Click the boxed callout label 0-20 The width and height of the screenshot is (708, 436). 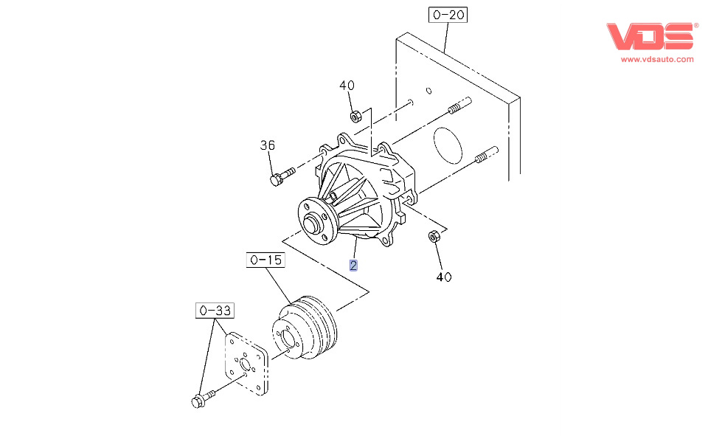448,14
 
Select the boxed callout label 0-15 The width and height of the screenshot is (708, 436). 265,260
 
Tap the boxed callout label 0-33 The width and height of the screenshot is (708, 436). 214,311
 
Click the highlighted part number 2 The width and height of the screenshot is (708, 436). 354,265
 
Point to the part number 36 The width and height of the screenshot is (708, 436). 267,145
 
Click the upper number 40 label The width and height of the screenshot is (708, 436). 347,86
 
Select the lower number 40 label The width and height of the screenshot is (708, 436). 443,277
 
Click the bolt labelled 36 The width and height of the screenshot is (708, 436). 281,177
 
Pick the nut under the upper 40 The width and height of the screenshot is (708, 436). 355,116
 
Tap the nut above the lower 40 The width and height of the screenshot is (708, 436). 434,236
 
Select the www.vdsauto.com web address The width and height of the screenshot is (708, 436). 656,59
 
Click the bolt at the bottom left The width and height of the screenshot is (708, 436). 200,400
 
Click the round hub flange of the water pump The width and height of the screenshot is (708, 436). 316,219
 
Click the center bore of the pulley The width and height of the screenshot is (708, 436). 288,340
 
